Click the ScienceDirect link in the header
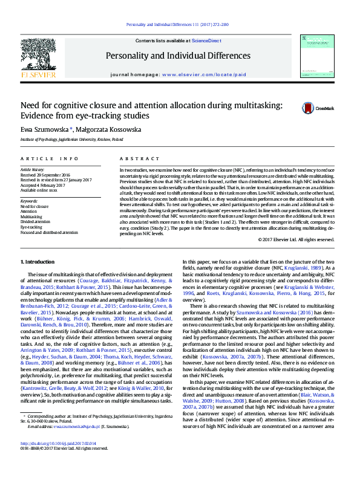pos(206,41)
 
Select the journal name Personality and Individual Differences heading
pos(178,56)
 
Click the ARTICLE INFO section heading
pos(49,158)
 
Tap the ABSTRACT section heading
pos(137,158)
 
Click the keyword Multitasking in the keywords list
pos(31,216)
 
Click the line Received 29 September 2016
pos(53,175)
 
